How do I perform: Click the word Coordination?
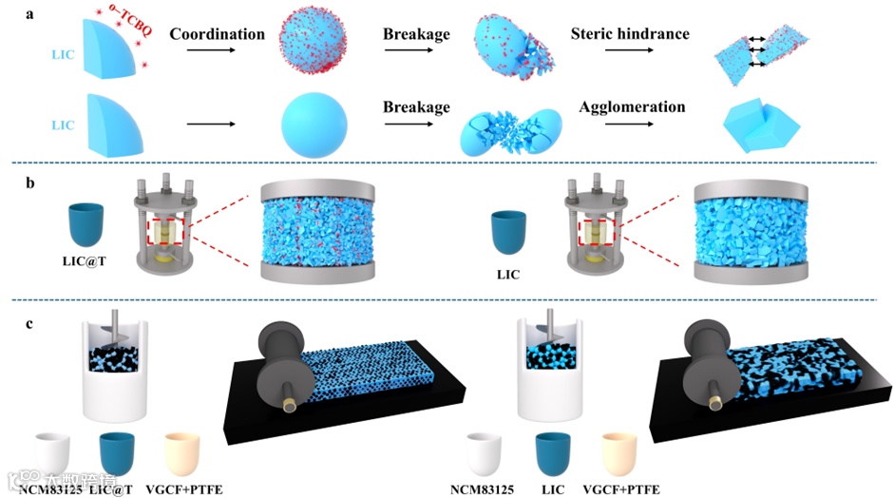point(217,34)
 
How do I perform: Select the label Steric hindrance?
point(630,34)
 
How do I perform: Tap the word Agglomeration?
point(632,106)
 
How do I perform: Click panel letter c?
point(30,324)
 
